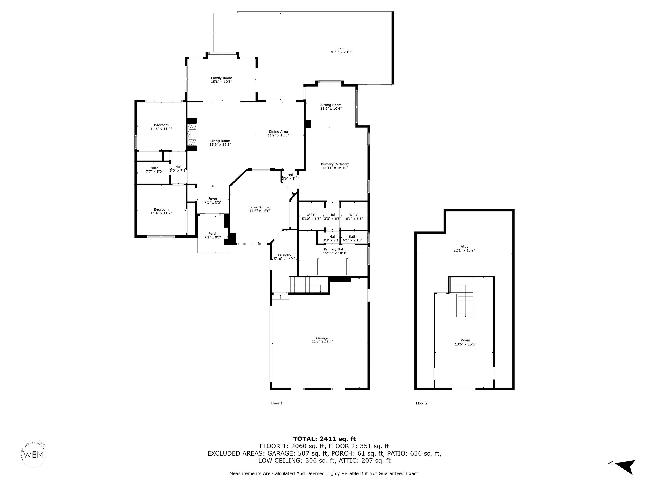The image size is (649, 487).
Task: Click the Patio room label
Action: click(x=341, y=48)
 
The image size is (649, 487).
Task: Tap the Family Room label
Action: click(x=222, y=78)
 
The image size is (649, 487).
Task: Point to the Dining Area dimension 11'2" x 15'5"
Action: click(x=278, y=135)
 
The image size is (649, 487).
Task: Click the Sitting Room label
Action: click(x=331, y=105)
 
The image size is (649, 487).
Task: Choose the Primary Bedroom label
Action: click(x=335, y=164)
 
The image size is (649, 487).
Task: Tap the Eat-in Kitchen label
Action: click(x=260, y=207)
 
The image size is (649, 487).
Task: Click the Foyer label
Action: click(x=213, y=199)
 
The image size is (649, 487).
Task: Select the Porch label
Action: click(x=213, y=234)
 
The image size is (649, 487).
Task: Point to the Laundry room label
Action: click(x=284, y=255)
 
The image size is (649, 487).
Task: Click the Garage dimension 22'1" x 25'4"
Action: click(x=322, y=342)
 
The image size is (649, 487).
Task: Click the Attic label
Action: click(x=464, y=247)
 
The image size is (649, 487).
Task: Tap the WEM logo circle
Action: click(x=34, y=455)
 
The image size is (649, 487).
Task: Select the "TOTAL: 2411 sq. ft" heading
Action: click(x=324, y=439)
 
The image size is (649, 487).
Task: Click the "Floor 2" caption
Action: click(x=422, y=403)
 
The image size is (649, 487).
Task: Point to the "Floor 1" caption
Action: click(x=277, y=403)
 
